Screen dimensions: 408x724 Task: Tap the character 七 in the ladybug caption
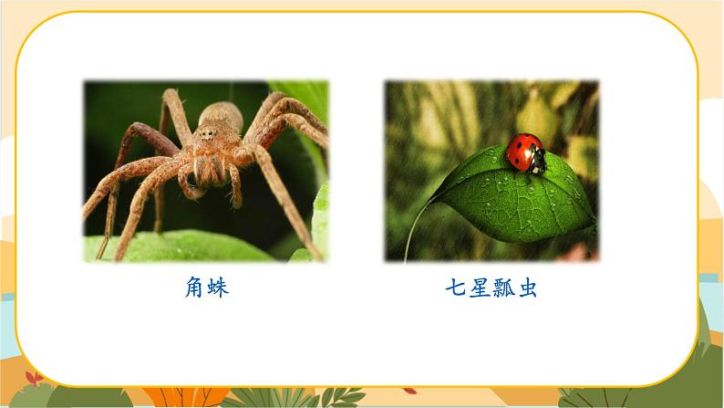point(455,288)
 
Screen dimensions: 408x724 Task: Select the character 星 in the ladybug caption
point(479,288)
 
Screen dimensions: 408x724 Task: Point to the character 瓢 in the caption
point(502,288)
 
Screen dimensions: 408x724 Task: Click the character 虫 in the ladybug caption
point(526,288)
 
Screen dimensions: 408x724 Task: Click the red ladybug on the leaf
point(524,152)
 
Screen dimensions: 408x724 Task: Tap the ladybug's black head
point(538,161)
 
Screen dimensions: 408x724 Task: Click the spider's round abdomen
point(220,118)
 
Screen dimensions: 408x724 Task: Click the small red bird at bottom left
point(34,378)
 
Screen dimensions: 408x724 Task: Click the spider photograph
point(205,171)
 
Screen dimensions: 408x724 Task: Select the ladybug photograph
point(491,171)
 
